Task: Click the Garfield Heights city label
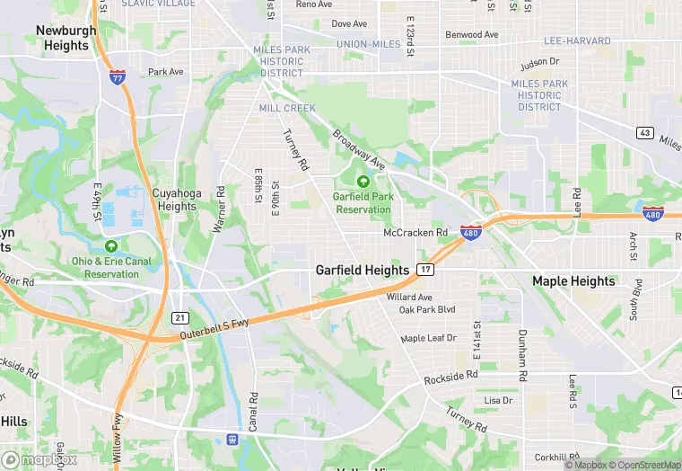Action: pos(363,270)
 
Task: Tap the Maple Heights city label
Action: pos(573,280)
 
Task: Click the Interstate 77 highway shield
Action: pos(118,78)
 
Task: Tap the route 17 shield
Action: pos(425,270)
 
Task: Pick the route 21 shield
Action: pos(179,318)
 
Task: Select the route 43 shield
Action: pos(644,133)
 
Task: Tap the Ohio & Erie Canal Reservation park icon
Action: pos(111,246)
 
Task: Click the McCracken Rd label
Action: pos(415,233)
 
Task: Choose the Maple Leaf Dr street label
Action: pos(428,338)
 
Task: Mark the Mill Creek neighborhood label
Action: pos(287,108)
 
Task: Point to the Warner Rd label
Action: pos(218,210)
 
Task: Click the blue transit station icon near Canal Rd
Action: pos(232,440)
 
